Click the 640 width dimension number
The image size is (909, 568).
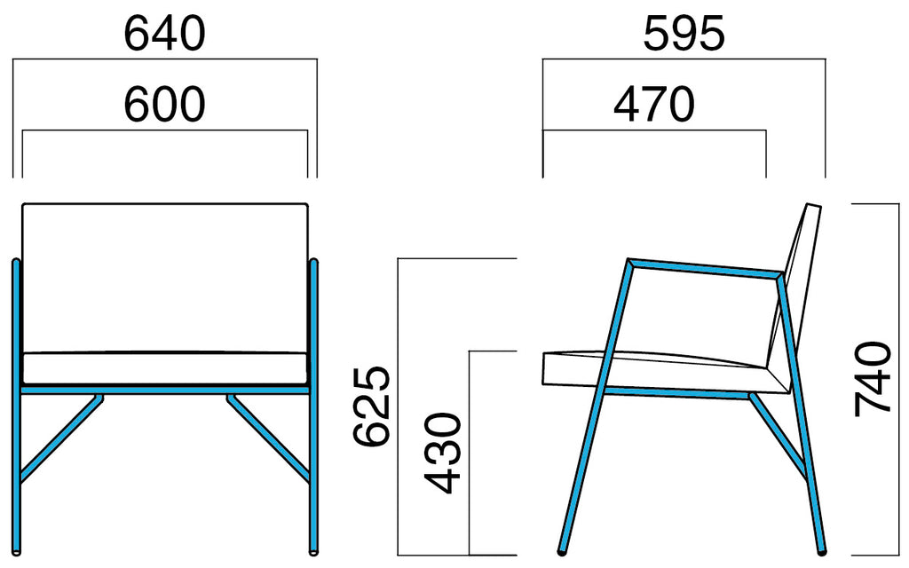164,34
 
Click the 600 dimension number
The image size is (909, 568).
164,105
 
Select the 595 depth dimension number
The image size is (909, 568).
684,34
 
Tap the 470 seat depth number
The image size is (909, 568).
654,105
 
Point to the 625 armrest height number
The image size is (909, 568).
372,406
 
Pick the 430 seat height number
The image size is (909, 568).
442,454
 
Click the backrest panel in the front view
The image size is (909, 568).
164,277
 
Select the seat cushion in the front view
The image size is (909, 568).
164,367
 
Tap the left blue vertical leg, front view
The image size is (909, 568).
16,406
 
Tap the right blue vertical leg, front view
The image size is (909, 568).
313,406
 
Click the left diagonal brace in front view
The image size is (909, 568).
61,438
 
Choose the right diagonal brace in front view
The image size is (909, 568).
268,438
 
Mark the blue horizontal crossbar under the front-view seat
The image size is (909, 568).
164,390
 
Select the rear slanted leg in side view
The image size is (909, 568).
802,414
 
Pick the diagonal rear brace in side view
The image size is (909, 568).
778,436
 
